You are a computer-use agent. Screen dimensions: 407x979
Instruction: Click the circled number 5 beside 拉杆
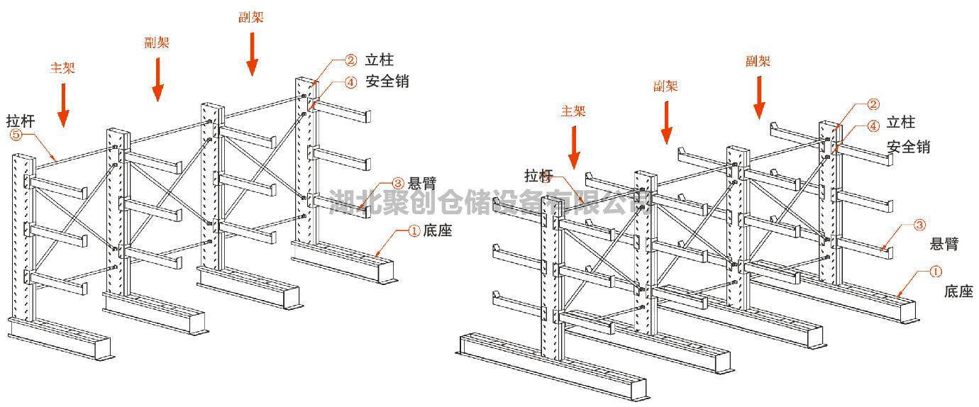click(x=16, y=134)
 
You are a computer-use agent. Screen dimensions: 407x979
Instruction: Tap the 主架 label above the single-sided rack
click(x=62, y=68)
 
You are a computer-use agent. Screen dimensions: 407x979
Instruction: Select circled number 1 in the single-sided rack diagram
click(x=414, y=230)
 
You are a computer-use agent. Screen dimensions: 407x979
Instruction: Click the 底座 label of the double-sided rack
click(x=958, y=291)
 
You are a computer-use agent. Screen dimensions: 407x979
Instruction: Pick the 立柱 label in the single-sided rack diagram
click(x=380, y=61)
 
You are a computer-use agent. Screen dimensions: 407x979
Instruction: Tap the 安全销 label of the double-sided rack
click(x=908, y=147)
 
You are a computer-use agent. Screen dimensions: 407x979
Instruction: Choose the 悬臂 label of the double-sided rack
click(x=944, y=245)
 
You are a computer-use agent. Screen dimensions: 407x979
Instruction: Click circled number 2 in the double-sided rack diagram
click(x=873, y=106)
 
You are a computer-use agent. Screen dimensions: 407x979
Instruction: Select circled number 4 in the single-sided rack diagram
click(x=350, y=82)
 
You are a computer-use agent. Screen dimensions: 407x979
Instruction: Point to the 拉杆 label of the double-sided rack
click(x=538, y=175)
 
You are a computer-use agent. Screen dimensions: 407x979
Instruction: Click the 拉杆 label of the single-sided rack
click(x=21, y=118)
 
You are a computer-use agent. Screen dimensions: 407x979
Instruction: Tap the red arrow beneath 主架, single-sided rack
click(x=64, y=105)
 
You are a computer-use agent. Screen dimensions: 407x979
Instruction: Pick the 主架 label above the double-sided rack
click(x=573, y=111)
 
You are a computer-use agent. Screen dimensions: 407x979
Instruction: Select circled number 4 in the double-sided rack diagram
click(x=873, y=126)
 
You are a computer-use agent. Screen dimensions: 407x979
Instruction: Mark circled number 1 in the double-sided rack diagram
click(x=936, y=271)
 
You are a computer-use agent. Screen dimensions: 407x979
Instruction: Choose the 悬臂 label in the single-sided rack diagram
click(x=422, y=182)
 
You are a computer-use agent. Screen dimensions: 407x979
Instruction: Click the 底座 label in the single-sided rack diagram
click(x=437, y=230)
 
